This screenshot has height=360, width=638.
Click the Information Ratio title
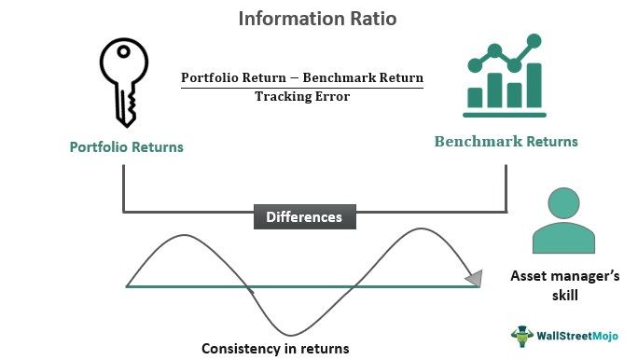click(318, 18)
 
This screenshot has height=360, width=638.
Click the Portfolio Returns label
click(126, 147)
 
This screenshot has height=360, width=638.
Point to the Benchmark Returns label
click(506, 142)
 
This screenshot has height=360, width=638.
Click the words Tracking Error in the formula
click(301, 96)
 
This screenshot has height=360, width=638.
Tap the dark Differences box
click(304, 217)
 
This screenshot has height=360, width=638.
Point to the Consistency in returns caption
click(275, 349)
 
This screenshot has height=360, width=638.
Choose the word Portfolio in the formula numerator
click(211, 76)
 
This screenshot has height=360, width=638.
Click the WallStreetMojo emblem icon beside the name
click(521, 336)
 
